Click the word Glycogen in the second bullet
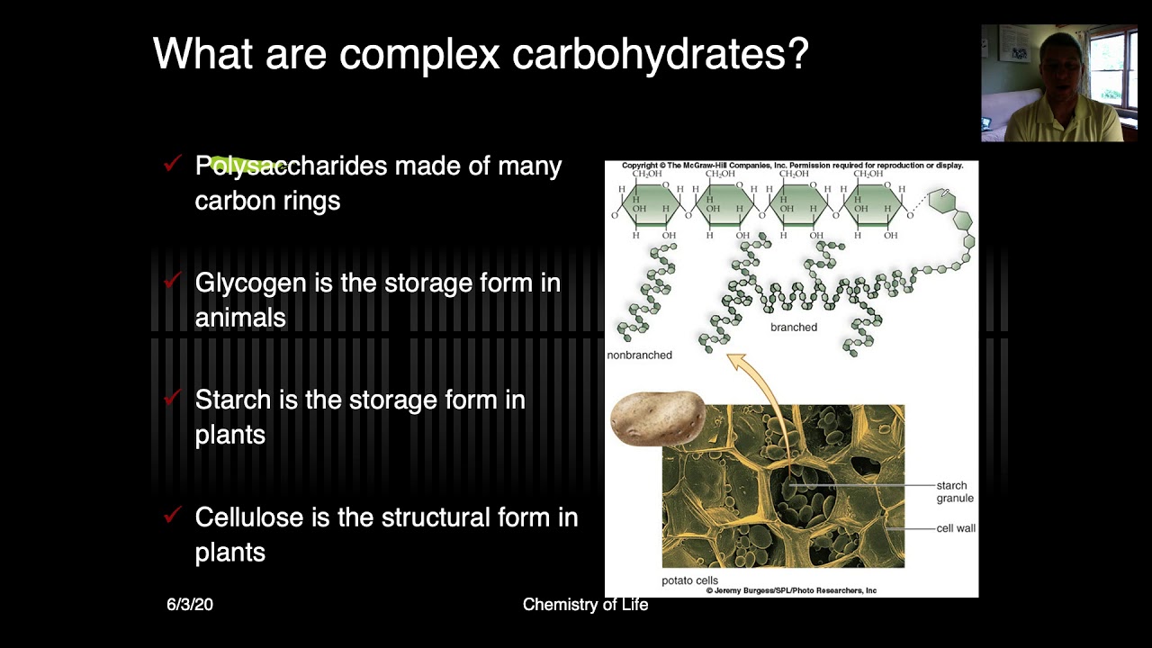click(251, 283)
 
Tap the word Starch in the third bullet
click(232, 400)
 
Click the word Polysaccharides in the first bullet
click(291, 166)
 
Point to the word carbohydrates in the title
click(661, 55)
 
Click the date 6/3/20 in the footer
click(190, 605)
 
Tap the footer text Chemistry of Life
click(585, 605)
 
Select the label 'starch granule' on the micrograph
click(954, 491)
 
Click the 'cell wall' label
click(956, 528)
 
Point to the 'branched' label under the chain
click(794, 328)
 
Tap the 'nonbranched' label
click(639, 355)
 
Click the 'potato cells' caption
click(689, 580)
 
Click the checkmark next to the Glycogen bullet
click(173, 281)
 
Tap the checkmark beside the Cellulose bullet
click(173, 515)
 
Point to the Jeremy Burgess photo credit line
click(791, 590)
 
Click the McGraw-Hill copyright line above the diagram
click(792, 166)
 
